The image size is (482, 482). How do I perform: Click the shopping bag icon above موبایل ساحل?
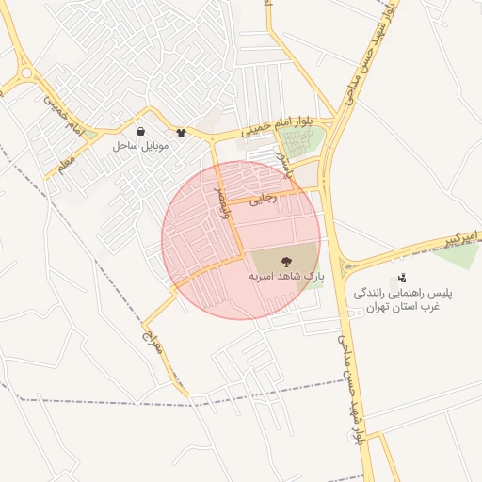coord(140,132)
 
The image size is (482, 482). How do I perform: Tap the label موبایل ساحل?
coord(139,147)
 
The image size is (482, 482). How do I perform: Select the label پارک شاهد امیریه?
coord(285,278)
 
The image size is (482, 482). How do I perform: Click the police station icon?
coord(402,278)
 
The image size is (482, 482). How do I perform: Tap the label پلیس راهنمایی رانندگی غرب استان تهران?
coord(402,301)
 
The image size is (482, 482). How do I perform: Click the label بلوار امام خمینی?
coord(281,125)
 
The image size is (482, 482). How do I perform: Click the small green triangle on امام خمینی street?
coord(90,134)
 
